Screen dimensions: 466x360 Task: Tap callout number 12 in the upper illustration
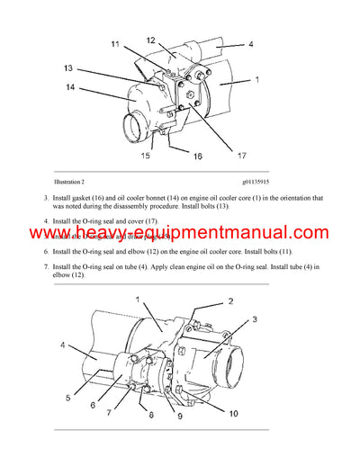click(151, 40)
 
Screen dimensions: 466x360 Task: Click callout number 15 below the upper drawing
click(143, 156)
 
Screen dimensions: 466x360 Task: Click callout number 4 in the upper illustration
click(250, 43)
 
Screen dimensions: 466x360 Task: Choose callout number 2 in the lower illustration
click(230, 302)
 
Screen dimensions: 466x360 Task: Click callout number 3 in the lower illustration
click(255, 319)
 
